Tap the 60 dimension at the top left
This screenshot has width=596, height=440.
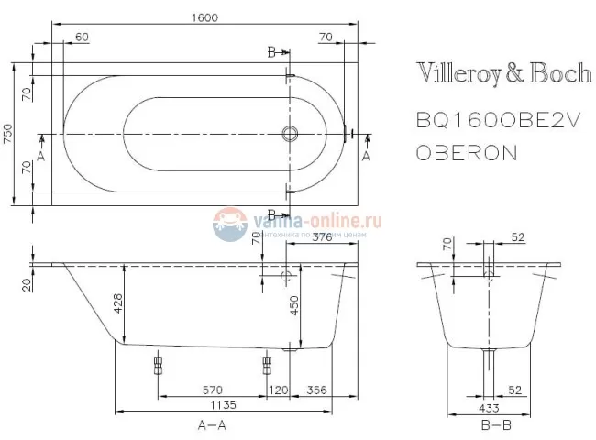pyautogui.click(x=82, y=37)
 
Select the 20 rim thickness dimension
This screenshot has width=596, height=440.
pyautogui.click(x=26, y=285)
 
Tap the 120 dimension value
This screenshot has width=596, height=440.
pyautogui.click(x=279, y=390)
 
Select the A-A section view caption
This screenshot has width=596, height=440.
pyautogui.click(x=213, y=425)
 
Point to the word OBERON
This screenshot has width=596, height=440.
pyautogui.click(x=467, y=152)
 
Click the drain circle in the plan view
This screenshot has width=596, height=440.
pyautogui.click(x=292, y=134)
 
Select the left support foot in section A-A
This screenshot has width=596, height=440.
pyautogui.click(x=157, y=367)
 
